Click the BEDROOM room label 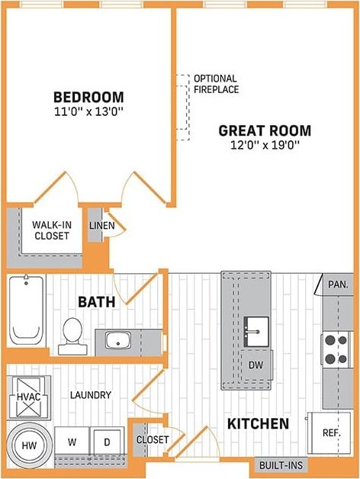(x=88, y=98)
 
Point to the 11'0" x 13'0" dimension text (x=88, y=111)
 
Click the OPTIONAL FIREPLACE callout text (x=216, y=84)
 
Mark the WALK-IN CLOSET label (x=51, y=230)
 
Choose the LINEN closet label (x=101, y=226)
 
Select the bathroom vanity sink (x=118, y=339)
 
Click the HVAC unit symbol (x=28, y=397)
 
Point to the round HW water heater (x=28, y=444)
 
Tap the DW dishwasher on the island (x=256, y=365)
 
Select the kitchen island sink (x=256, y=330)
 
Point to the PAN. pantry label (x=339, y=284)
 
